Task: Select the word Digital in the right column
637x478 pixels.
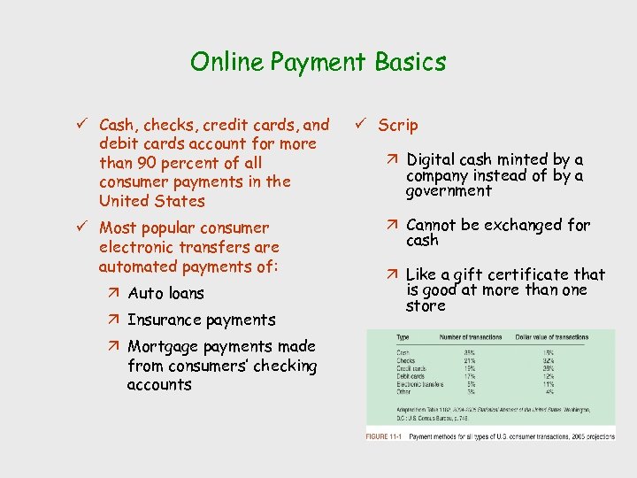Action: (431, 159)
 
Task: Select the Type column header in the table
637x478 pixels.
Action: (403, 337)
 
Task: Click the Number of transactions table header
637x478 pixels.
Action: (470, 337)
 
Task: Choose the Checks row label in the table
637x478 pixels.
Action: (407, 360)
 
